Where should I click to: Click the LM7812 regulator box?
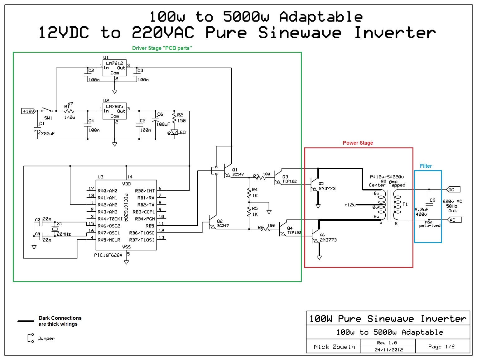[x=114, y=68]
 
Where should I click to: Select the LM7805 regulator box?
[x=114, y=111]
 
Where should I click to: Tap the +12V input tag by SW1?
[x=28, y=111]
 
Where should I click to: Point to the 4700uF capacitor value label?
[x=46, y=133]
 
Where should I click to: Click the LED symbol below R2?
[x=174, y=132]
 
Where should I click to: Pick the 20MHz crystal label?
[x=64, y=234]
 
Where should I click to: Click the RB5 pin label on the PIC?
[x=150, y=226]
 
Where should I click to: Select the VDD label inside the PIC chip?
[x=126, y=184]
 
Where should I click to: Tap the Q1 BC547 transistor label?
[x=238, y=172]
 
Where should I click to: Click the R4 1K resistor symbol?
[x=249, y=193]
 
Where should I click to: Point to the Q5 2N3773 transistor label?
[x=327, y=186]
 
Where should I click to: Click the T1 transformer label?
[x=405, y=204]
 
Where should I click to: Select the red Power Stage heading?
[x=358, y=143]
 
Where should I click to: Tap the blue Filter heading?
[x=426, y=166]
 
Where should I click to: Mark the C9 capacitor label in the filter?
[x=432, y=200]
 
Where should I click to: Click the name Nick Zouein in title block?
[x=334, y=347]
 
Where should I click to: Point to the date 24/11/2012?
[x=388, y=350]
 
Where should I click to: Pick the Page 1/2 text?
[x=441, y=347]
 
